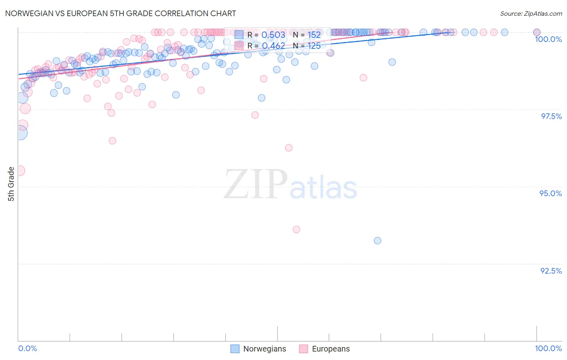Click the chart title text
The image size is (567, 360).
point(121,13)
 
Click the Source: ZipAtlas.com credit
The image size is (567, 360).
point(531,13)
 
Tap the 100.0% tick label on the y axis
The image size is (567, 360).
point(548,39)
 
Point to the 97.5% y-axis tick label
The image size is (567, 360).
point(551,116)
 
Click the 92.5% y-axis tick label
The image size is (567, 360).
point(551,271)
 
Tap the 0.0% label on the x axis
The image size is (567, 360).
point(27,348)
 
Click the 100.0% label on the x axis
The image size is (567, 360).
point(548,348)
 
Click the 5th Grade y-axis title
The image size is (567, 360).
point(11,184)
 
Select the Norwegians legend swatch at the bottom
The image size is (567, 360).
point(235,349)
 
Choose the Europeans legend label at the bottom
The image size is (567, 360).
point(331,349)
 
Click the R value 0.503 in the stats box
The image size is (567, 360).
point(273,35)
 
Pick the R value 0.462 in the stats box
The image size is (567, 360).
point(273,46)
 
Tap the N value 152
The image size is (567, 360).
point(314,35)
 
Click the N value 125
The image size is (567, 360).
point(314,46)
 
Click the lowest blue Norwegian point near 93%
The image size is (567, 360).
point(377,241)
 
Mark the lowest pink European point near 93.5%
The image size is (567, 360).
point(296,230)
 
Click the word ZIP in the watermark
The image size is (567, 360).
point(256,184)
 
